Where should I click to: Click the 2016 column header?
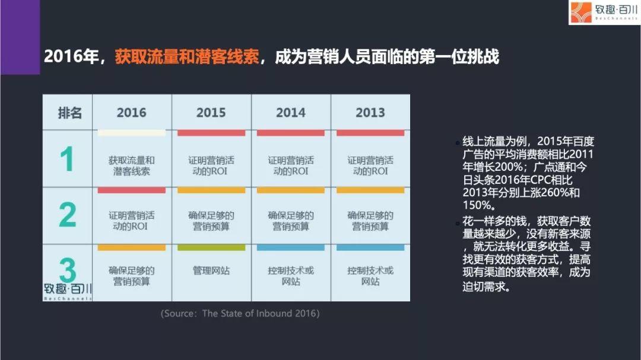point(131,112)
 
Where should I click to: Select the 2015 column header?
point(211,112)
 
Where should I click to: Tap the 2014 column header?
point(291,112)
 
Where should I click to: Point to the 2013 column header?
point(370,112)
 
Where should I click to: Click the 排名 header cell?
point(69,112)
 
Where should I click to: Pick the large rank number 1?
point(67,159)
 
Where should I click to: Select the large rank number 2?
point(68,215)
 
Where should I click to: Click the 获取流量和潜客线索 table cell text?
point(131,166)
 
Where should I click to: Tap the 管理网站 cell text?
point(211,270)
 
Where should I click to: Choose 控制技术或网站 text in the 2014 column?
point(291,276)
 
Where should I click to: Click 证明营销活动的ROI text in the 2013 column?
point(370,166)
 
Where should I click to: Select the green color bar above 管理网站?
point(211,248)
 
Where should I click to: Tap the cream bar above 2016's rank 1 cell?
point(132,133)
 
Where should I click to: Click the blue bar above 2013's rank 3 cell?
point(370,248)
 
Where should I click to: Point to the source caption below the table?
point(240,313)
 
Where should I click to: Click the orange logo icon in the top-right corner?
point(581,12)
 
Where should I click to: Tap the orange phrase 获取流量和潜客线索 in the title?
point(187,57)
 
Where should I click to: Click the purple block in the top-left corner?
point(20,37)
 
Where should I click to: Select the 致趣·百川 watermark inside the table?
point(68,291)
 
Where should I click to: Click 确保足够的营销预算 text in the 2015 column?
point(211,221)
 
